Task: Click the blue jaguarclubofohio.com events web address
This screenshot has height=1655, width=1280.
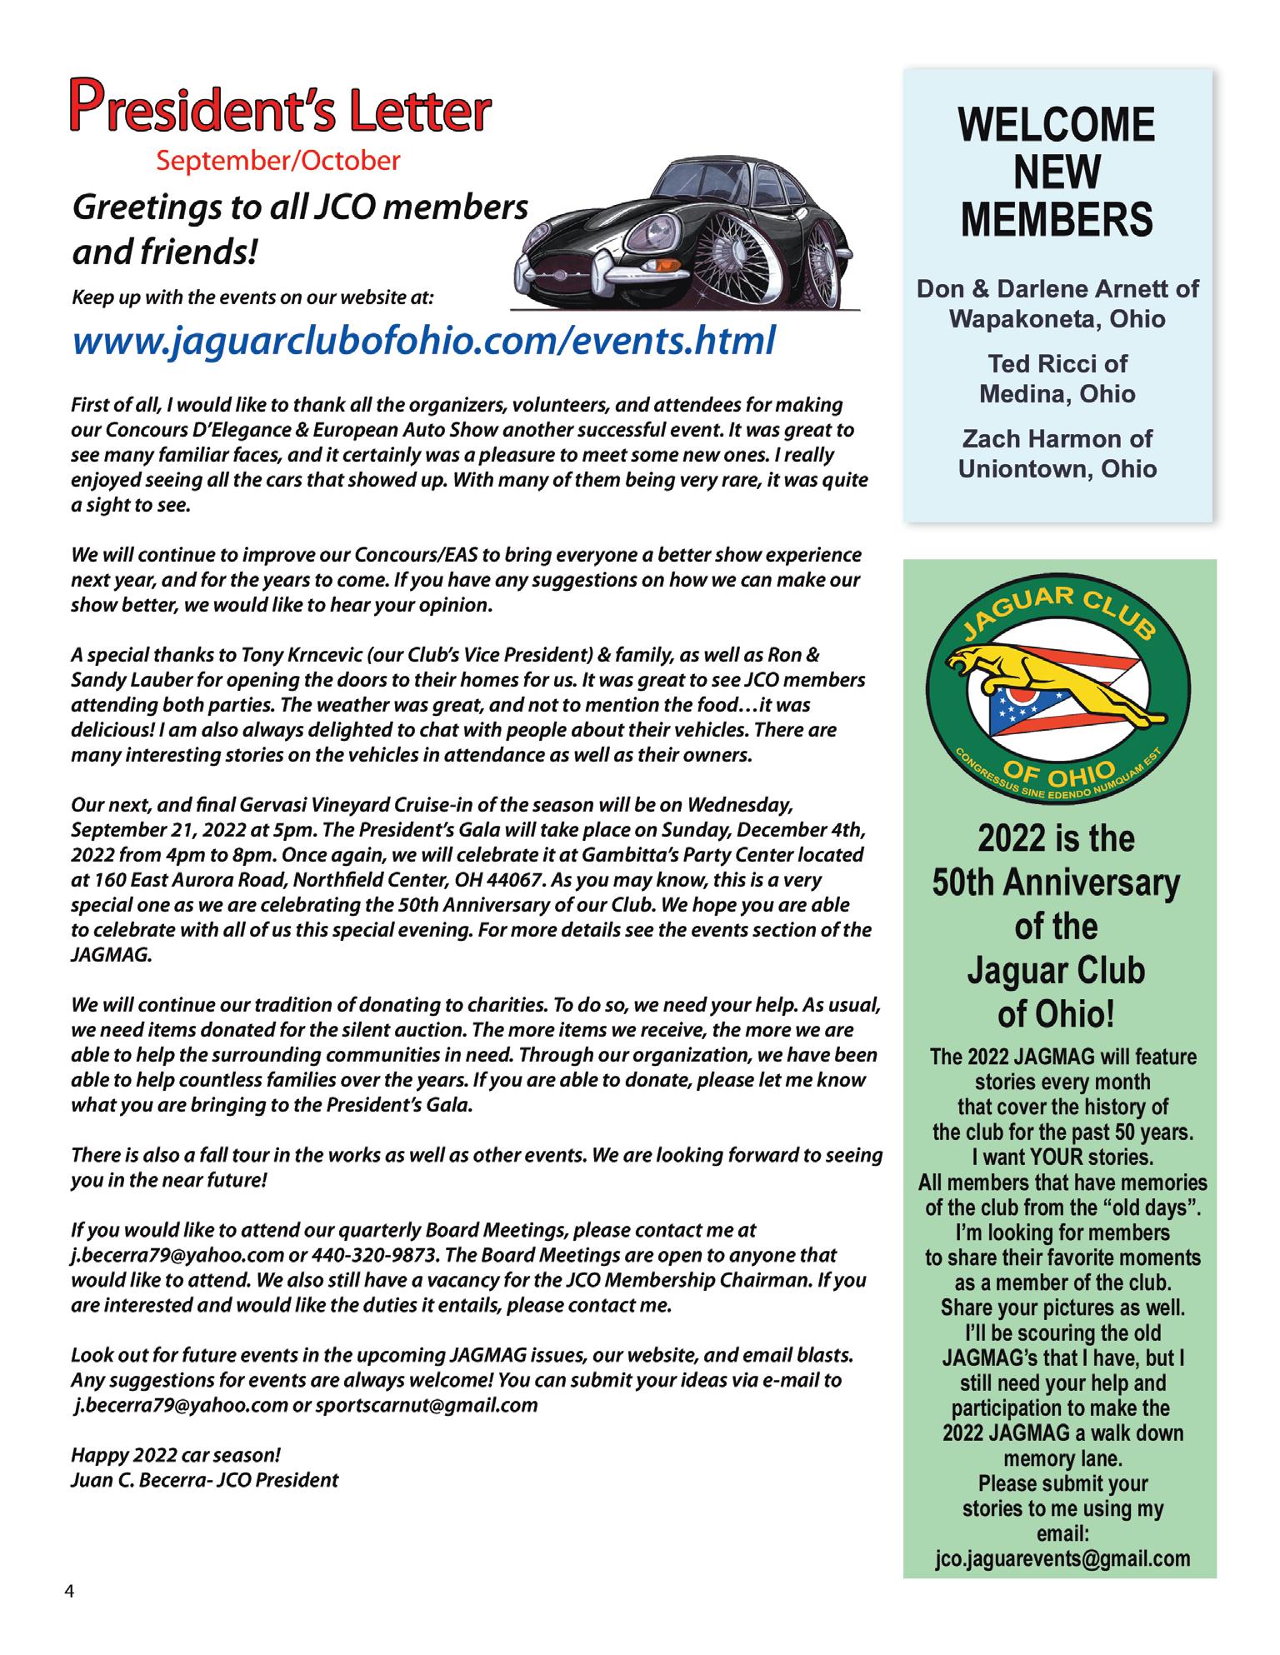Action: coord(424,340)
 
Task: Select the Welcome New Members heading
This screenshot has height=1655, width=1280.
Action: coord(1057,172)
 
